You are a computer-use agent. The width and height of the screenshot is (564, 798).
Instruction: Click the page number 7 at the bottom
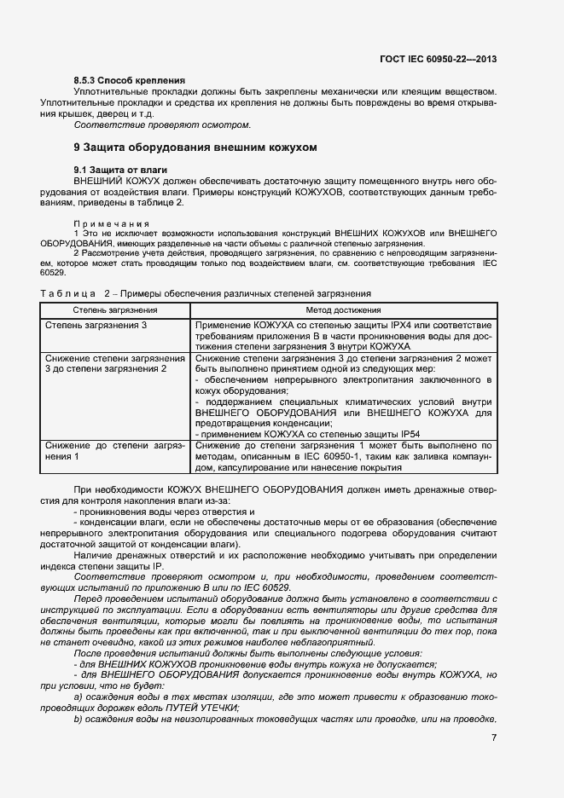pos(494,737)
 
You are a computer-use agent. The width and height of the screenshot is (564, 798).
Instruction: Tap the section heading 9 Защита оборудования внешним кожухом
pos(195,147)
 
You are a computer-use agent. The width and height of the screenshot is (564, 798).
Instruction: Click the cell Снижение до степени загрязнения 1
pos(114,451)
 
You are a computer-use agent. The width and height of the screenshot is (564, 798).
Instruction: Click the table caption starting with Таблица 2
pos(206,292)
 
